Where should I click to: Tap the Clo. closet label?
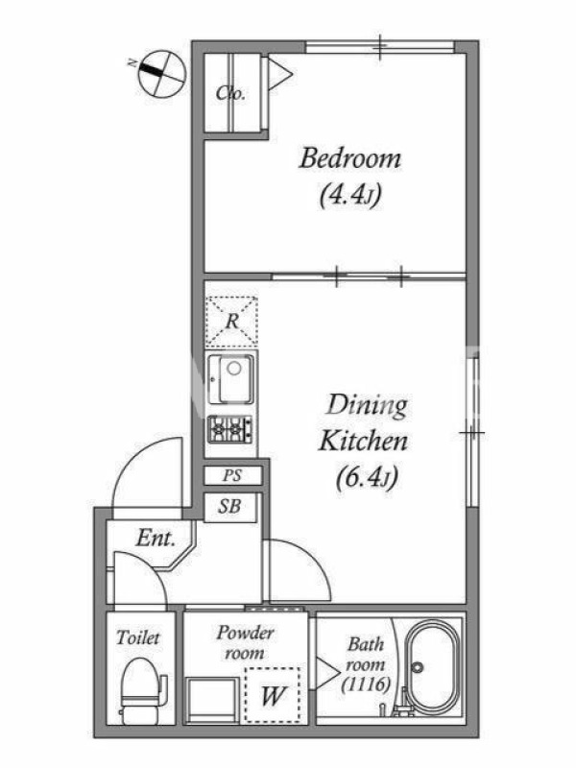coord(230,92)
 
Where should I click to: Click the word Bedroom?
coord(349,158)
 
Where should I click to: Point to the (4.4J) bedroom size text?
coord(349,196)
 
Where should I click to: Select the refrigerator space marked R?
coord(231,322)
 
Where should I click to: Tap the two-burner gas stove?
coord(230,429)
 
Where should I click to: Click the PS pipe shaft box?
coord(232,475)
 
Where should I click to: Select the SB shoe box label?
coord(229,506)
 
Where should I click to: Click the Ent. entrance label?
coord(156,538)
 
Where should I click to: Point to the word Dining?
coord(367,406)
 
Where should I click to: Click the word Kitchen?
coord(363,441)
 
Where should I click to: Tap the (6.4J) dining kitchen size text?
coord(367,477)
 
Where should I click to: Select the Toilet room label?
coord(138,637)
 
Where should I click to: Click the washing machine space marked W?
coord(273,695)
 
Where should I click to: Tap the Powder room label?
coord(245,642)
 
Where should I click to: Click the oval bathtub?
coord(434,666)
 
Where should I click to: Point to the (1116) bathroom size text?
coord(366,684)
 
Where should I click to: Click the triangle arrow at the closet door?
coord(279,75)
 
